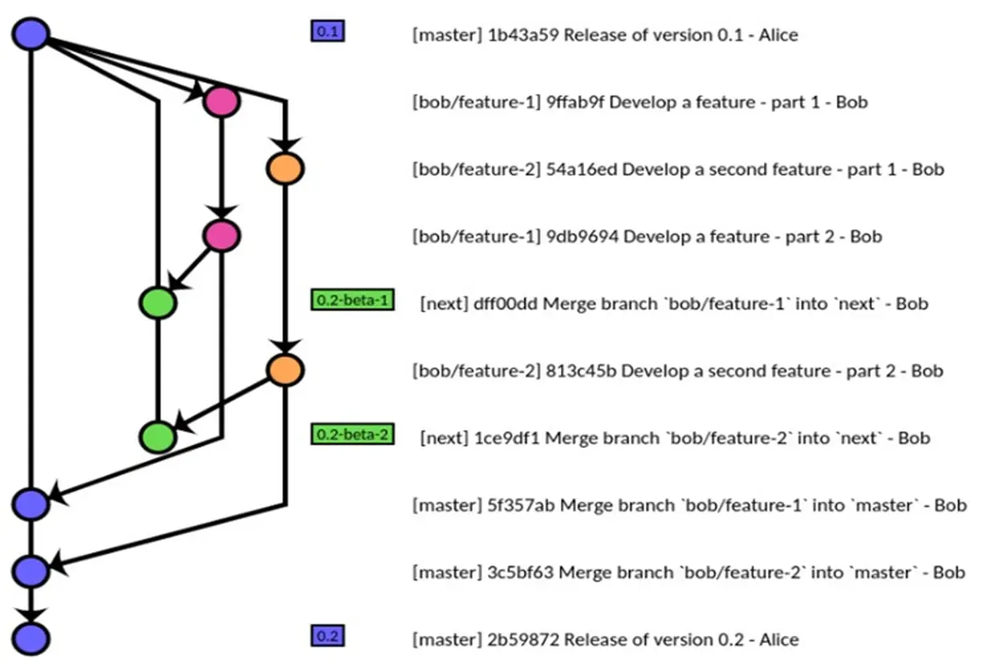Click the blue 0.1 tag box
(327, 32)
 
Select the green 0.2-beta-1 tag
(352, 301)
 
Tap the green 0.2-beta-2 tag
(352, 435)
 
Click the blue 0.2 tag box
(327, 637)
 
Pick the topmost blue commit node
(31, 34)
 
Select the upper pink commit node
(221, 102)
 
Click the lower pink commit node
(221, 235)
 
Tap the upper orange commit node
(285, 169)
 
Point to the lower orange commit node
(285, 369)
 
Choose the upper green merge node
(157, 303)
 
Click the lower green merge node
(157, 438)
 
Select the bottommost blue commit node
(31, 639)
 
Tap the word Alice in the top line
(778, 35)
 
